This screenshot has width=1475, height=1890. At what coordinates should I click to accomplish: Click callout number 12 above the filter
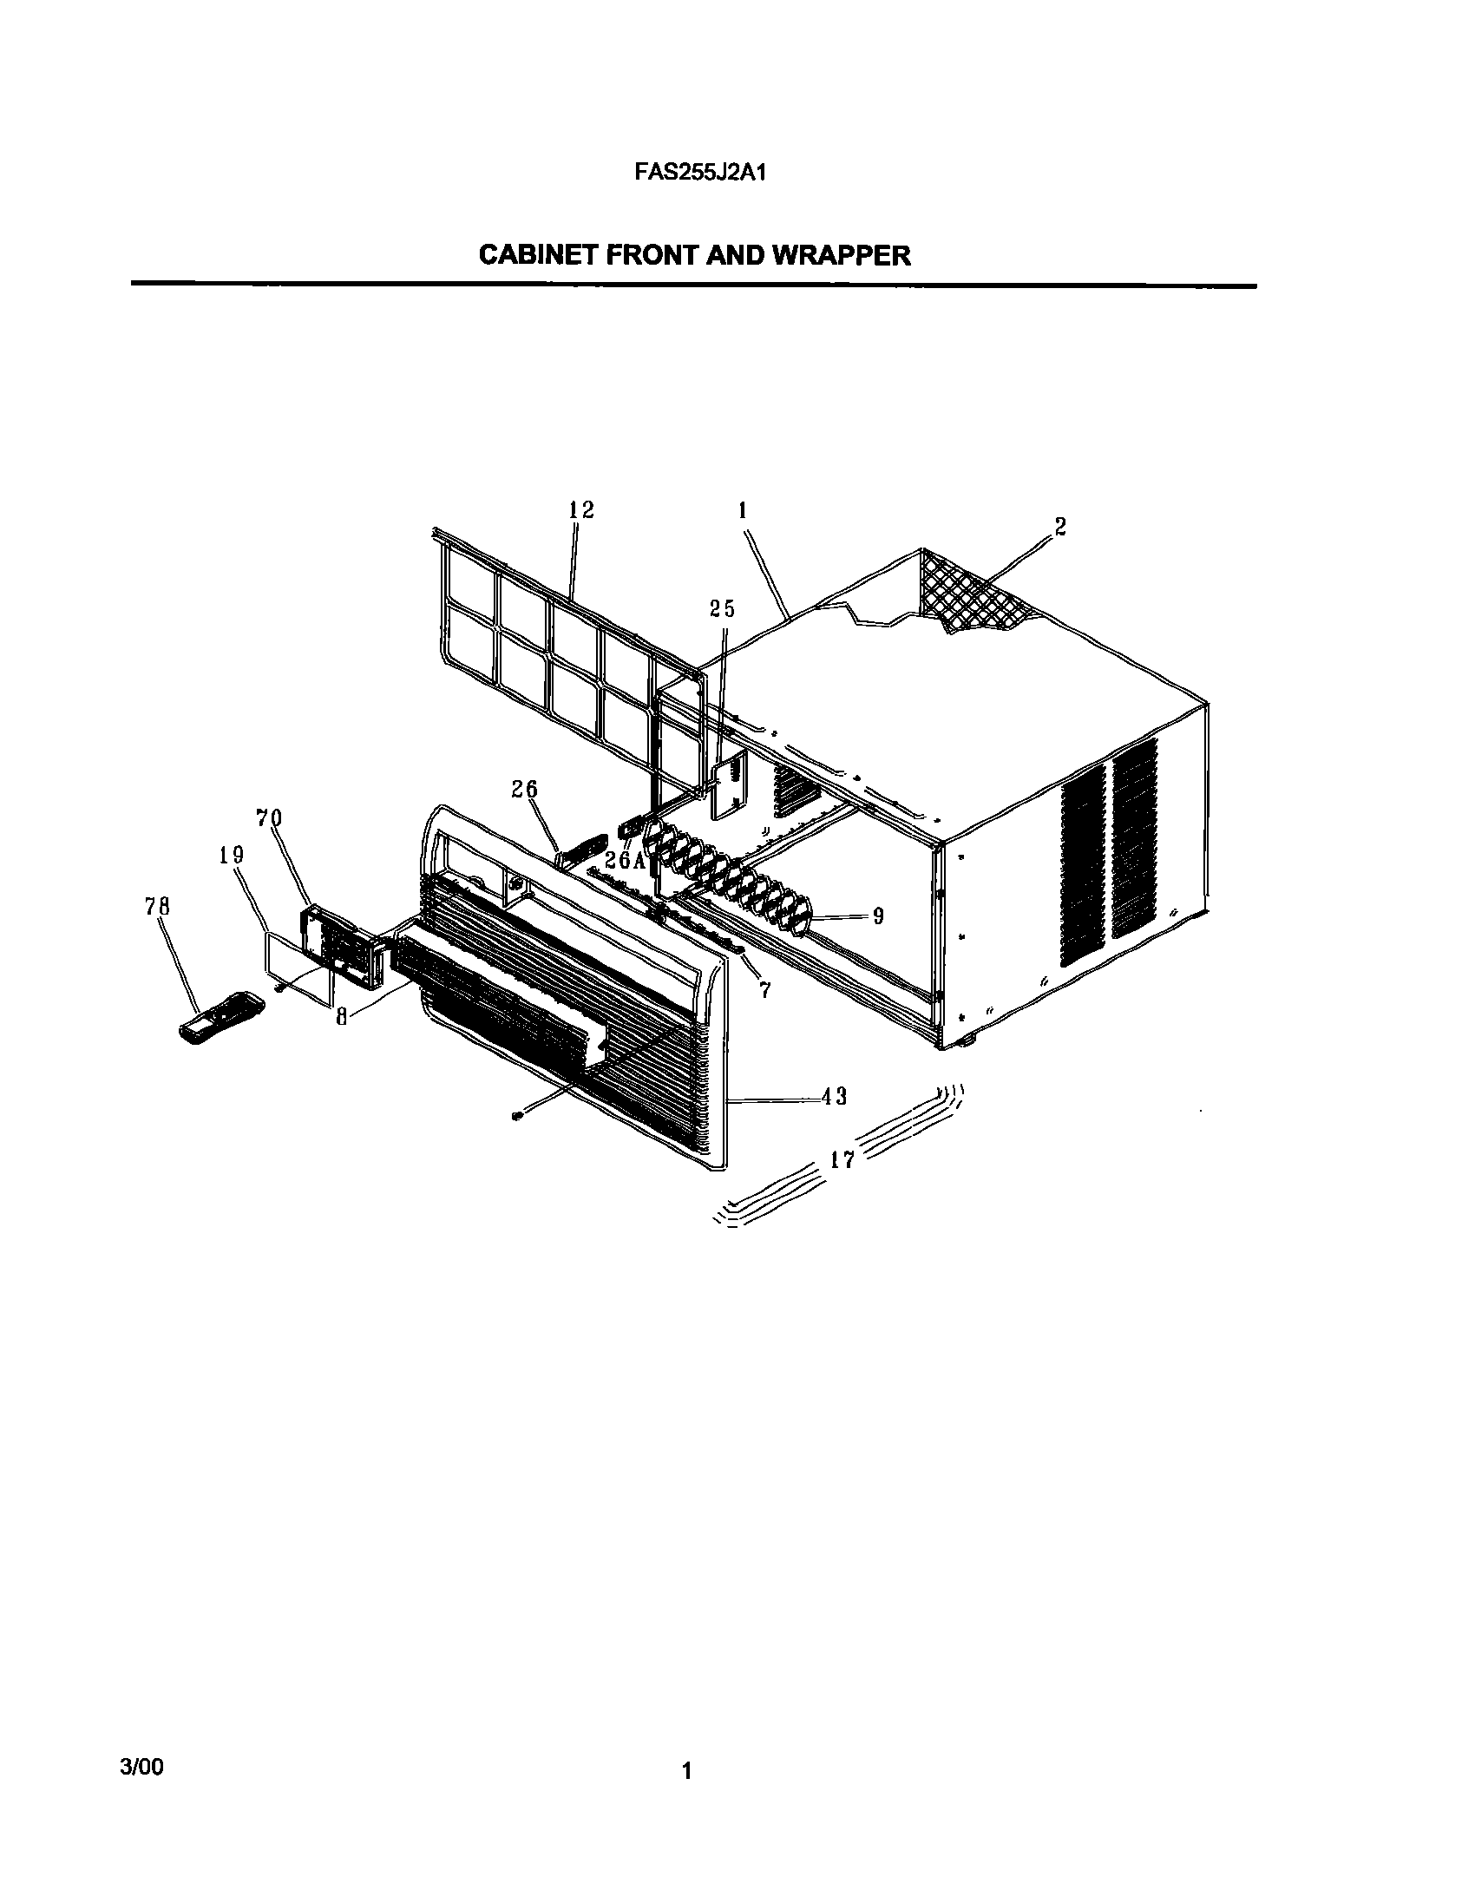click(581, 510)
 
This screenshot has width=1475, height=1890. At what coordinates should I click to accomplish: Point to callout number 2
click(1060, 526)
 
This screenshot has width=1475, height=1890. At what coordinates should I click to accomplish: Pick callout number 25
click(722, 608)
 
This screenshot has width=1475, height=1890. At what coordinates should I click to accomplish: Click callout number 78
click(158, 906)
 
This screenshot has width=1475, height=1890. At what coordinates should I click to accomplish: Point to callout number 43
click(834, 1097)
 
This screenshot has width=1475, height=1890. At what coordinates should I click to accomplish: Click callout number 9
click(878, 915)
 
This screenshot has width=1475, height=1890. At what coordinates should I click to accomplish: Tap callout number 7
click(764, 990)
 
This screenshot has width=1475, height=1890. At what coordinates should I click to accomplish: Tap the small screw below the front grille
click(518, 1116)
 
